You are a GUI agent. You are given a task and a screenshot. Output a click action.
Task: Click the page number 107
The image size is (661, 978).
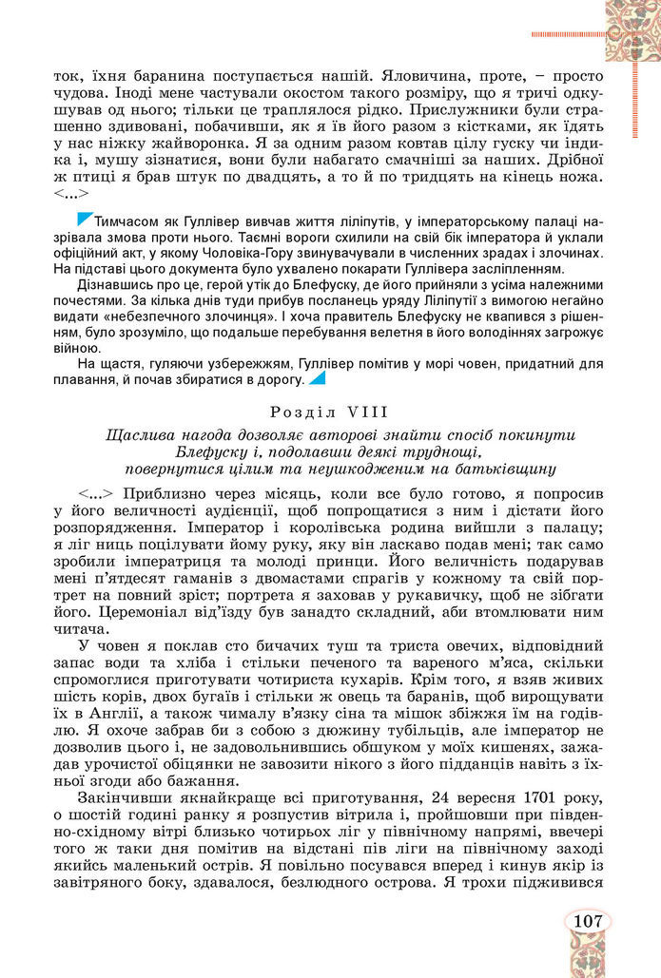[588, 921]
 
